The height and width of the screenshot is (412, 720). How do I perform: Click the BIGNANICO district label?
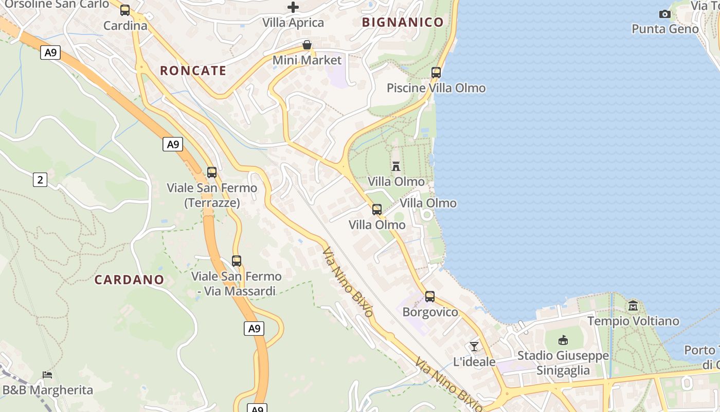[x=402, y=22]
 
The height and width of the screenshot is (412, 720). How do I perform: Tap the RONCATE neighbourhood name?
[x=193, y=71]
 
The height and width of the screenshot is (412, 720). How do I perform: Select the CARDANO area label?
[x=129, y=280]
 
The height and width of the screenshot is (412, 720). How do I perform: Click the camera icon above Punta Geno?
[x=665, y=14]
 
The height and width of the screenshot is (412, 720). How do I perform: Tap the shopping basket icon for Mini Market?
[x=307, y=45]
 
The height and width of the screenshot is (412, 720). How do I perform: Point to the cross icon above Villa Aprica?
[x=293, y=7]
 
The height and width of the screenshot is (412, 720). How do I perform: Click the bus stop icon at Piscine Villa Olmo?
[x=436, y=73]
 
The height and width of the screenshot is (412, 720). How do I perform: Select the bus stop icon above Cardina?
[x=125, y=10]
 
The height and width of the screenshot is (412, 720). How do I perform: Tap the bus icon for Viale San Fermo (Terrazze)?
[x=212, y=173]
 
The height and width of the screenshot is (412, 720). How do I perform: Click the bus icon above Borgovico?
[x=430, y=297]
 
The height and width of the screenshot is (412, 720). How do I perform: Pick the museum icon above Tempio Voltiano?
[x=633, y=305]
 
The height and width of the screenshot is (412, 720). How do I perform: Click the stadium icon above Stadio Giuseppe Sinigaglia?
[x=563, y=340]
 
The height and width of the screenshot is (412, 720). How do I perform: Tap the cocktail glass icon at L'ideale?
[x=474, y=347]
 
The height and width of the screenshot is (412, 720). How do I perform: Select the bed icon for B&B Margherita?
[x=47, y=374]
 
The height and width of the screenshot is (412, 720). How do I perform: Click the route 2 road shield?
[x=40, y=180]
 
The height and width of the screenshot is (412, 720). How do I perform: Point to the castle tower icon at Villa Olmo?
[x=396, y=166]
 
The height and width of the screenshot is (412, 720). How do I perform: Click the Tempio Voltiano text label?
[x=633, y=321]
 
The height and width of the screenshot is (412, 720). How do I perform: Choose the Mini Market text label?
[x=307, y=60]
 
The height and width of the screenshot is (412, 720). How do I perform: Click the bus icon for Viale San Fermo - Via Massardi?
[x=237, y=261]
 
